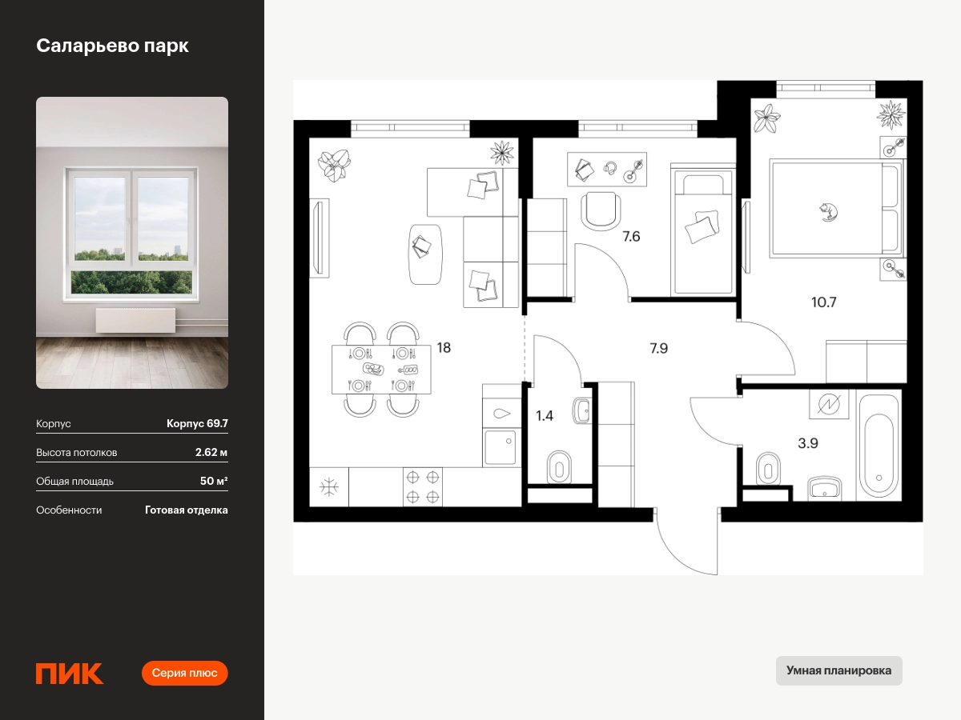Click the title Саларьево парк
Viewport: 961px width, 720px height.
point(112,46)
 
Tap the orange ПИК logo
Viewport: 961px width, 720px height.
point(70,674)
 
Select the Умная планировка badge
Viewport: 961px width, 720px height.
point(838,670)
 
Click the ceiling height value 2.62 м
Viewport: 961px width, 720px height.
point(211,452)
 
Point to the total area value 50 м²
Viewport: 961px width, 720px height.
point(214,481)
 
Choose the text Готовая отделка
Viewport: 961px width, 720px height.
point(187,510)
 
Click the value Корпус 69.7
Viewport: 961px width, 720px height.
point(197,423)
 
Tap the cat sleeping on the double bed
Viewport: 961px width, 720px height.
point(828,212)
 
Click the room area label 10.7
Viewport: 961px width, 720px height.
point(823,302)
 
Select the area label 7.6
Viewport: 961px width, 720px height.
point(631,237)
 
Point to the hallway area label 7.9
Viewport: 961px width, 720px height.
point(658,349)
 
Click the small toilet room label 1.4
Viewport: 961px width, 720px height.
point(545,416)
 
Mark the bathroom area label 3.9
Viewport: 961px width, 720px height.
point(808,443)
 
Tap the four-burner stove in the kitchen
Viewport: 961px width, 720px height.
point(423,487)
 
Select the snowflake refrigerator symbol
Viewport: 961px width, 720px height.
point(329,487)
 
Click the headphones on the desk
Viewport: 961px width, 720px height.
point(610,168)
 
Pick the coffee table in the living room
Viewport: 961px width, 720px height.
point(424,254)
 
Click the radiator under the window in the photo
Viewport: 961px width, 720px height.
point(135,321)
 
